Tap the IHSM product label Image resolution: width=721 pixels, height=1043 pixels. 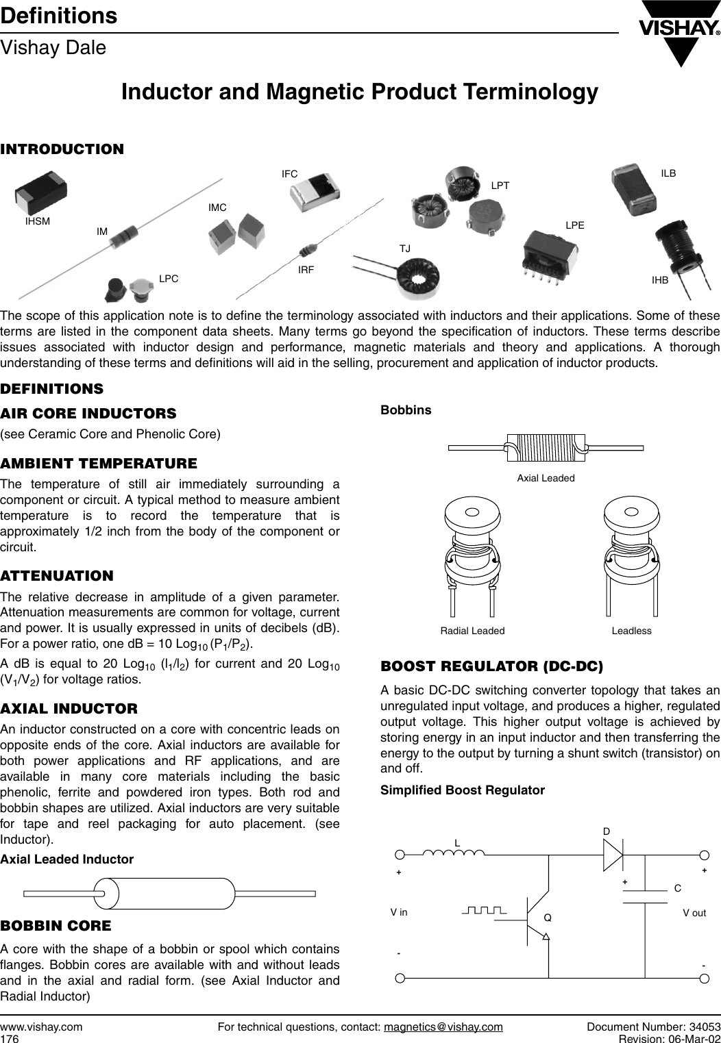click(x=38, y=221)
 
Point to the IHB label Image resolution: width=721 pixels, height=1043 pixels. click(x=660, y=279)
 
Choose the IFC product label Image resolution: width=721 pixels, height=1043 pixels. click(x=289, y=174)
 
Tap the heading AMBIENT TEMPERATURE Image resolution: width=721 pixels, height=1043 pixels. click(x=99, y=464)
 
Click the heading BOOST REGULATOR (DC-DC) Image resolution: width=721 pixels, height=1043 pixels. click(x=491, y=666)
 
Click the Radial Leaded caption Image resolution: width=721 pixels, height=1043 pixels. click(x=472, y=630)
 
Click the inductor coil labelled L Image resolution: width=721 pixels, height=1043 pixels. click(x=454, y=852)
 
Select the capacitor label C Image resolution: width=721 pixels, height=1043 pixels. click(x=677, y=888)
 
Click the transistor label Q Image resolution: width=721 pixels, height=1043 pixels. click(x=548, y=917)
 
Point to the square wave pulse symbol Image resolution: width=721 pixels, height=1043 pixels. click(x=484, y=910)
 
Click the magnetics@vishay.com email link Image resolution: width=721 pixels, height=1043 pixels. click(x=443, y=1027)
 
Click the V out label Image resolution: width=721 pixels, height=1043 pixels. click(x=694, y=913)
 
